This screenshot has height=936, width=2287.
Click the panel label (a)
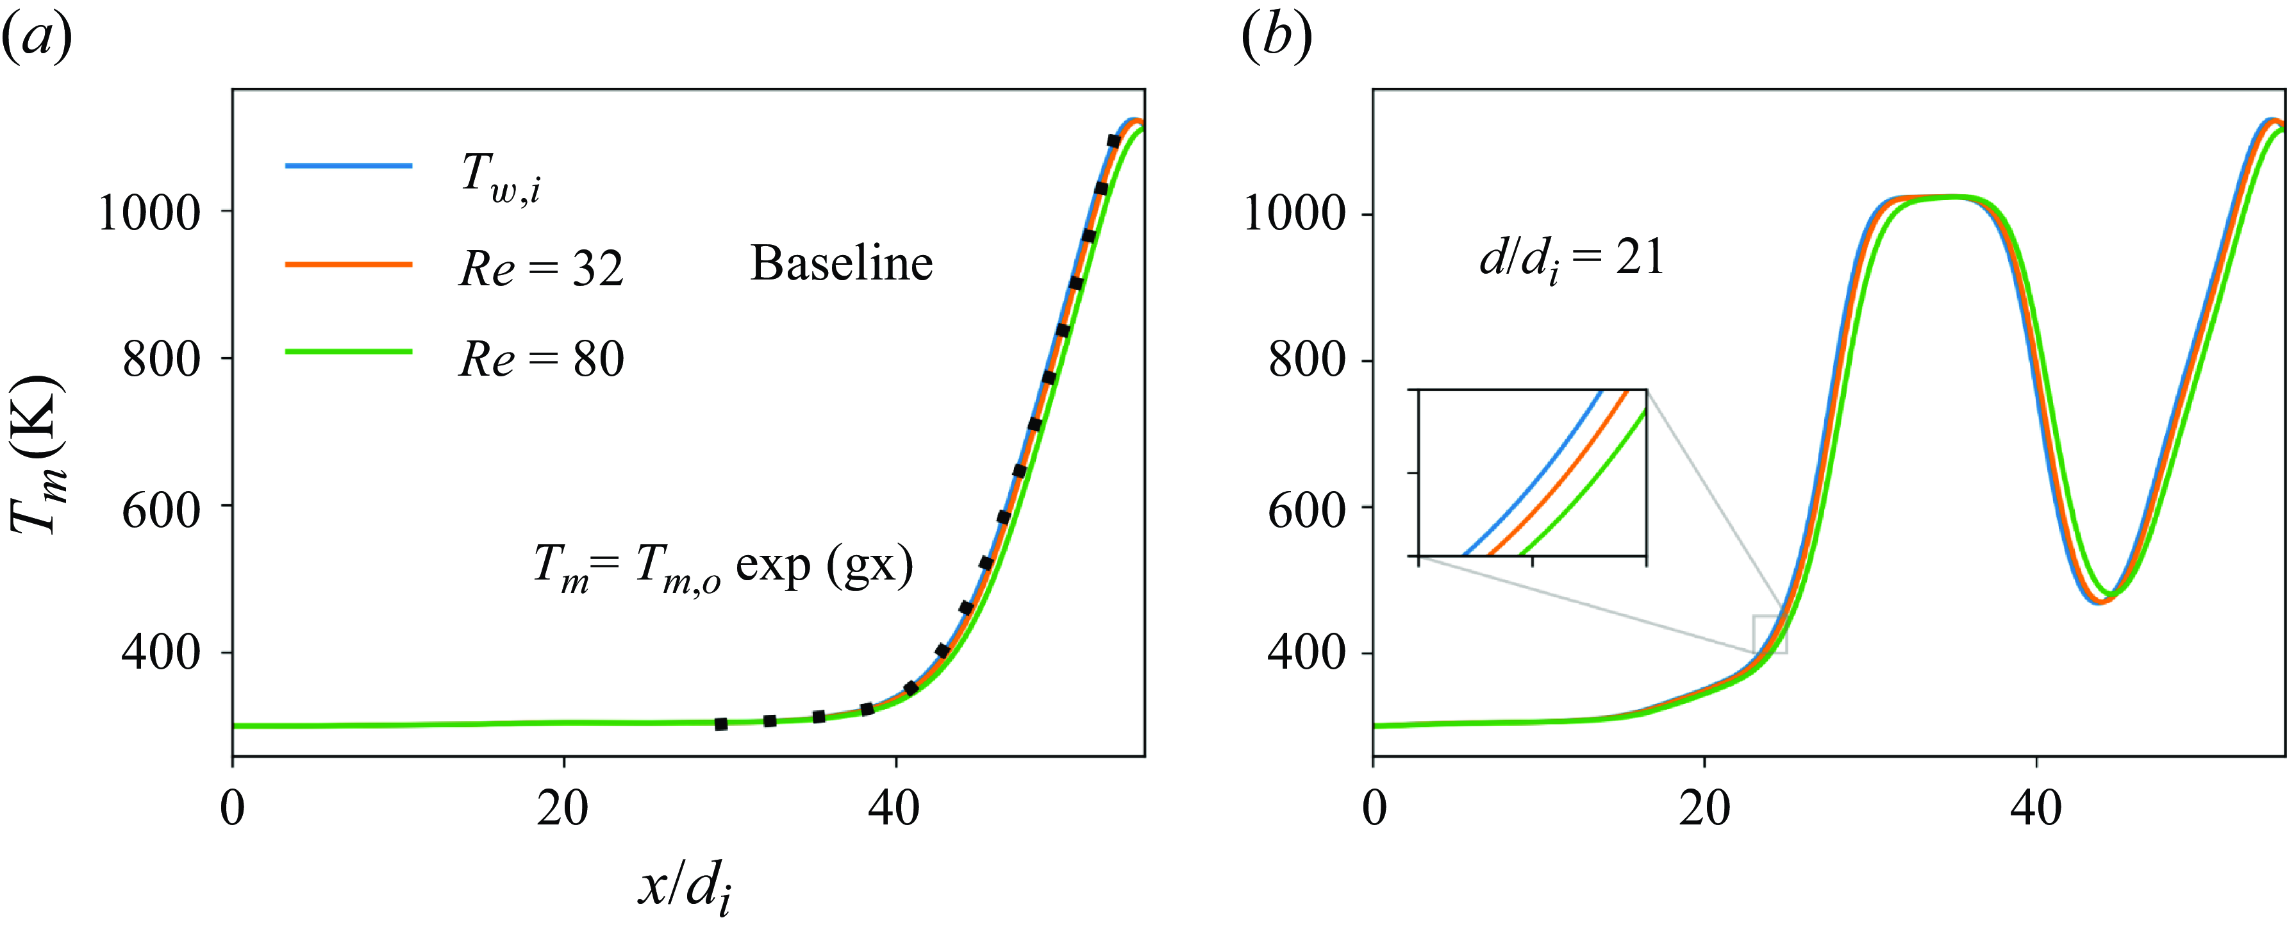[x=37, y=38]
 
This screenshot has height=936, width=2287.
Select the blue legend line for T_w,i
[x=348, y=166]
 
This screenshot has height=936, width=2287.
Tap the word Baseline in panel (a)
[x=841, y=263]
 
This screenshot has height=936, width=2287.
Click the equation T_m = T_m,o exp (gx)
[x=722, y=567]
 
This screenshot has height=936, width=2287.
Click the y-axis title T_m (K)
[x=37, y=455]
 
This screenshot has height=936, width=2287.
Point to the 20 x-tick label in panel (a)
[x=563, y=808]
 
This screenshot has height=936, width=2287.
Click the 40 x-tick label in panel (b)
[x=2036, y=808]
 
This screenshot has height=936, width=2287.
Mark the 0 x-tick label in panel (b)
[x=1374, y=808]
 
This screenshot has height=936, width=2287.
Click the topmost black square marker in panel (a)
[x=1113, y=141]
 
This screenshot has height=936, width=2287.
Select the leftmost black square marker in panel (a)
[x=721, y=724]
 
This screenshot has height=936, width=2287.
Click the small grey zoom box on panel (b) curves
[x=1768, y=634]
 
